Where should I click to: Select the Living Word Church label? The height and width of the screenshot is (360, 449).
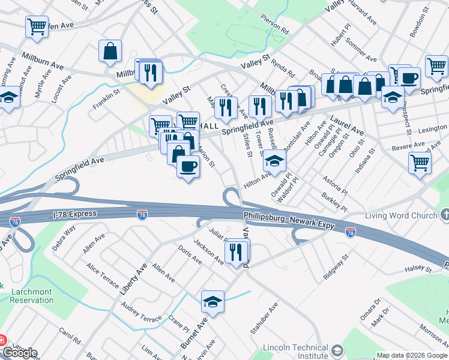[x=401, y=215]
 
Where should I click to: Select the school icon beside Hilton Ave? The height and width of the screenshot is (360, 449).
[x=274, y=160]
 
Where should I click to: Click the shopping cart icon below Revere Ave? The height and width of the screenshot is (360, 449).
[x=420, y=162]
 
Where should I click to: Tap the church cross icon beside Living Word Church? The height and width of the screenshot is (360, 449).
[x=445, y=215]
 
